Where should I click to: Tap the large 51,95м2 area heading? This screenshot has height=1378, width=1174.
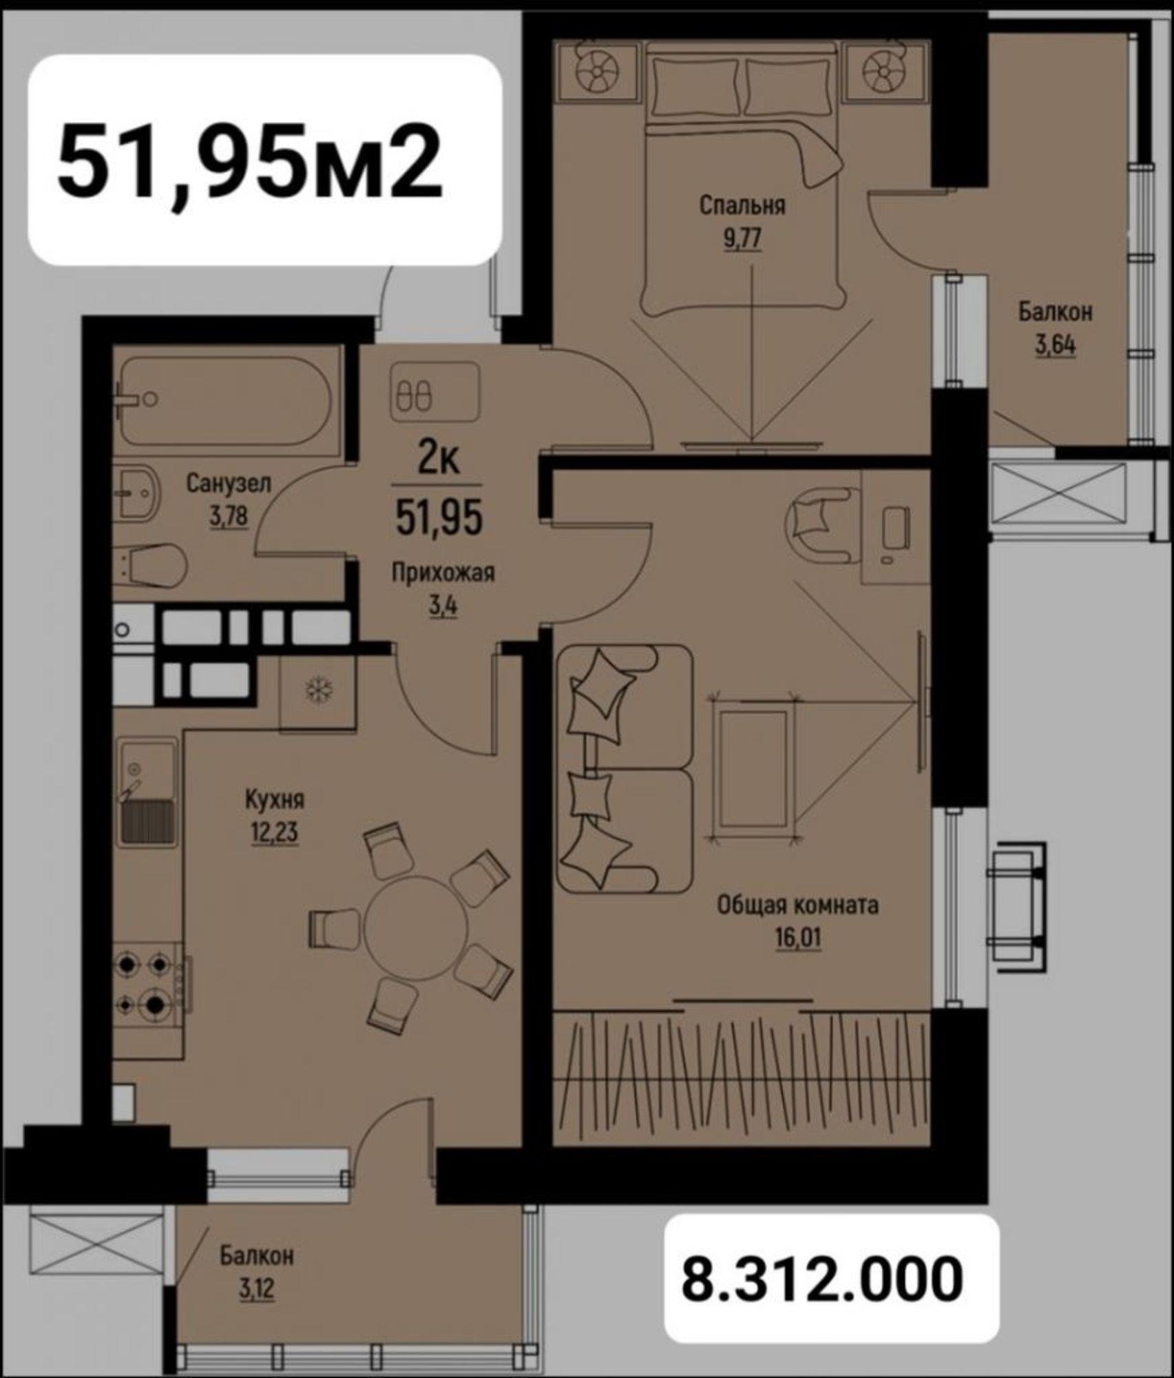[x=249, y=161]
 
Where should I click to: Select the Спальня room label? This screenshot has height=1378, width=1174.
[x=742, y=205]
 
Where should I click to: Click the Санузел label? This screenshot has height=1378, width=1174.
[x=229, y=483]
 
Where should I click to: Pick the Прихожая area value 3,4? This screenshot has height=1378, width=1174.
[x=443, y=606]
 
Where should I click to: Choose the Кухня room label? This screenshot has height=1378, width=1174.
[x=275, y=800]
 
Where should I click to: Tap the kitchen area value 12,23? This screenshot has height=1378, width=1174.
[x=275, y=833]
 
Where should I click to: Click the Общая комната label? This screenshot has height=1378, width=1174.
[x=798, y=905]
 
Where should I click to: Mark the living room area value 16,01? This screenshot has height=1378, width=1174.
[x=798, y=938]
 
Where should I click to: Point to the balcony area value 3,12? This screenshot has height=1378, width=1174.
[x=257, y=1287]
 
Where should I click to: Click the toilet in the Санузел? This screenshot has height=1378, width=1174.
[x=150, y=565]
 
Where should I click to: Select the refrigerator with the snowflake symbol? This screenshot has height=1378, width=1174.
[x=317, y=690]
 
